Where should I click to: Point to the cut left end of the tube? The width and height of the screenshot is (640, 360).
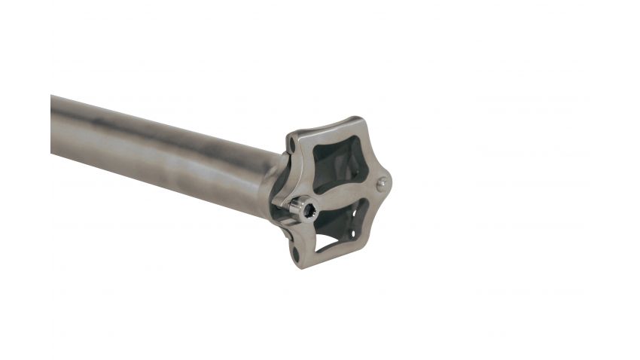tap(53, 124)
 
